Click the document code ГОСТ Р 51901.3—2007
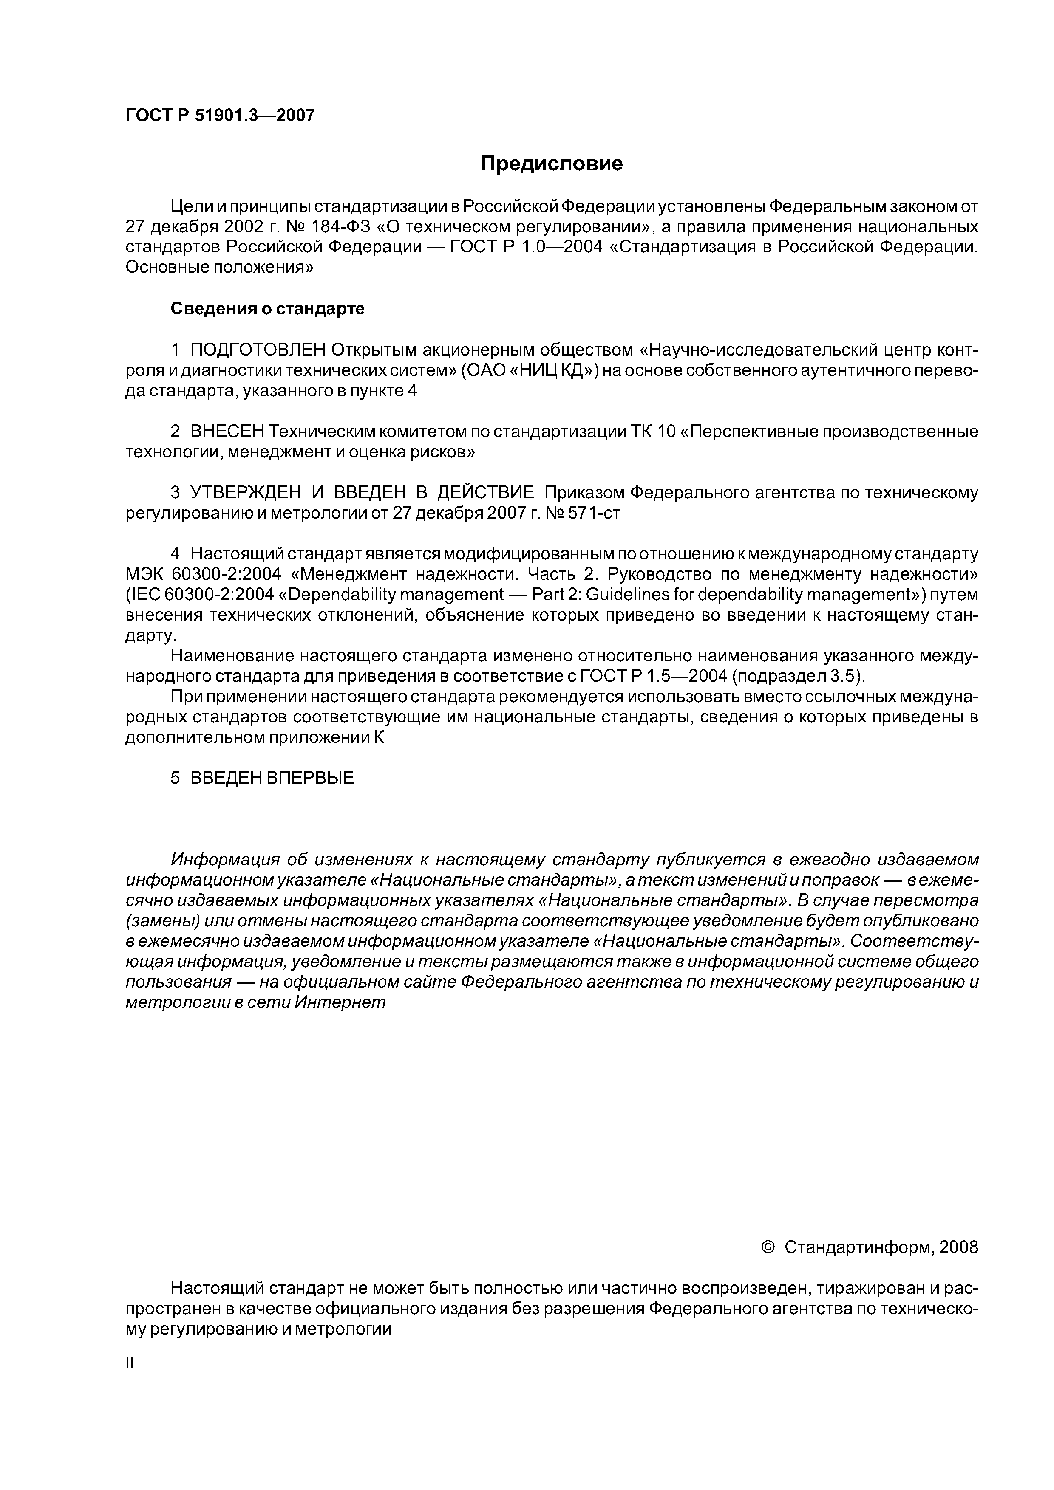coord(219,116)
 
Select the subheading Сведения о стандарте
coord(268,309)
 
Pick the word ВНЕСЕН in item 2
coord(227,432)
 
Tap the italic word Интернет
coord(340,1003)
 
